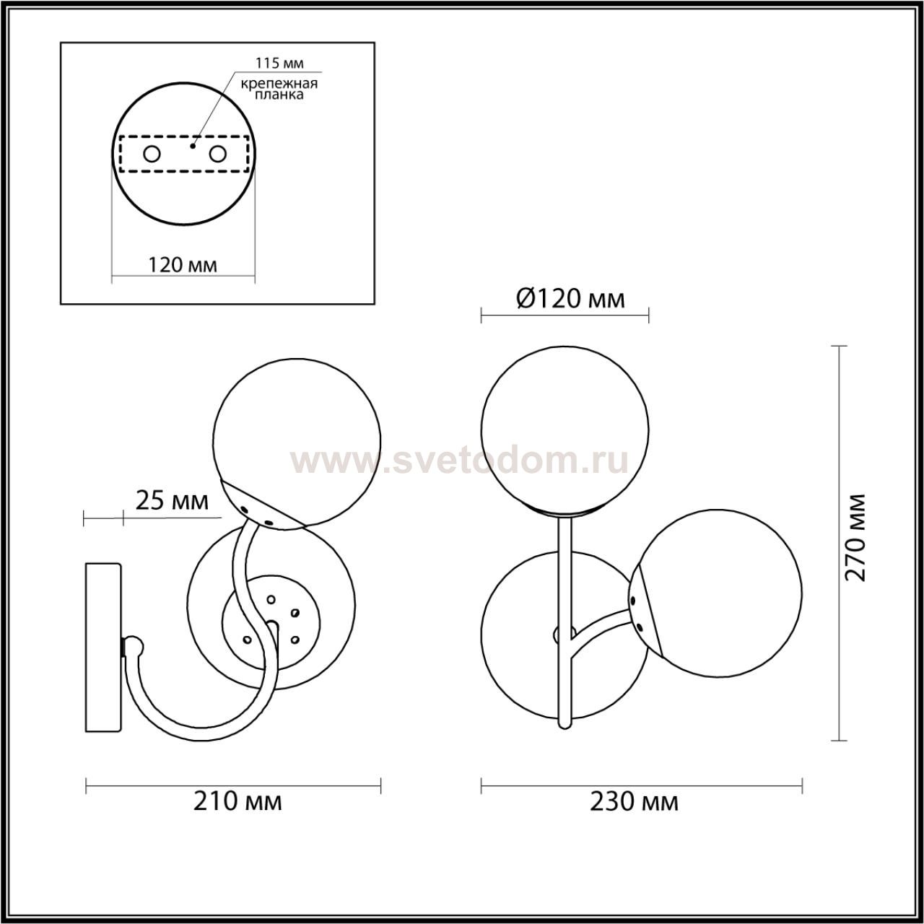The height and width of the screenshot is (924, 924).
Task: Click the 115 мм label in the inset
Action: [279, 63]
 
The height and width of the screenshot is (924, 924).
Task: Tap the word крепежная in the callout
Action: [279, 84]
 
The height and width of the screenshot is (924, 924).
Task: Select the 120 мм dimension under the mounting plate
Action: [183, 264]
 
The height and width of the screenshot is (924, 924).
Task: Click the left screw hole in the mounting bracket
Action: [152, 154]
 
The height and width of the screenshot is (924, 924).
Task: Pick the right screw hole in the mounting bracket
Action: [217, 154]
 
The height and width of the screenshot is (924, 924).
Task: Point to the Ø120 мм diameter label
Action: [570, 299]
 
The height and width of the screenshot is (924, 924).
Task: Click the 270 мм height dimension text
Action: [855, 537]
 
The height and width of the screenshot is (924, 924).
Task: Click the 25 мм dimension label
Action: [172, 502]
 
